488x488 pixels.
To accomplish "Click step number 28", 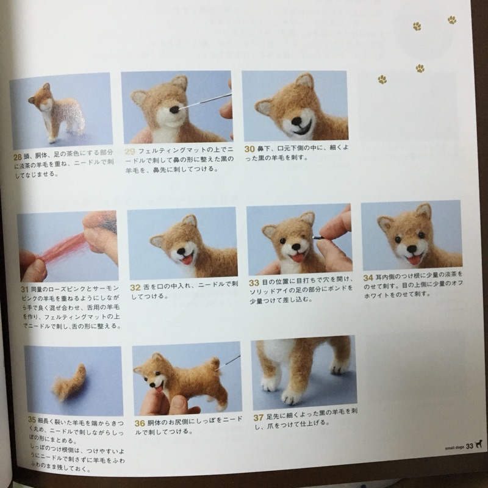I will [17, 157].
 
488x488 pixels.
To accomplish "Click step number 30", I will [249, 149].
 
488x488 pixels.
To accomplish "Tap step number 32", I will [135, 287].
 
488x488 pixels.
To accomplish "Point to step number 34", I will [368, 277].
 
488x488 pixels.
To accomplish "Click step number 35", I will [32, 420].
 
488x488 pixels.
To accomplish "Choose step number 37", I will [258, 418].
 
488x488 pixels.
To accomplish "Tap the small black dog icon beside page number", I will [479, 445].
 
